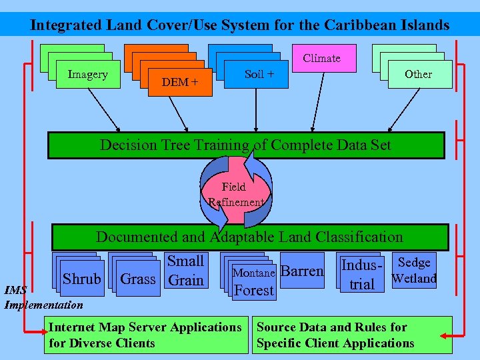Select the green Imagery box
[87, 74]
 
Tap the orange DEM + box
[180, 82]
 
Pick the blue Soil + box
[259, 74]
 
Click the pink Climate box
[322, 59]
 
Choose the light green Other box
[418, 74]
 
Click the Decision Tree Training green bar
[245, 145]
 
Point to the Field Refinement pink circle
[234, 194]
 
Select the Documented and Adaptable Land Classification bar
[250, 237]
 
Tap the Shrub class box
[81, 279]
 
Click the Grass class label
[137, 279]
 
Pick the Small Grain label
[186, 270]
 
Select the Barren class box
[303, 271]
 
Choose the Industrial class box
[362, 274]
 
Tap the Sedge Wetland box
[414, 270]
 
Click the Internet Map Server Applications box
[145, 335]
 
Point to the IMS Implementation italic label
[43, 298]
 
